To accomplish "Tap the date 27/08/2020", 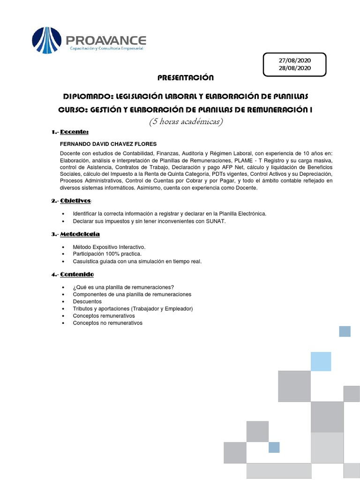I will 294,60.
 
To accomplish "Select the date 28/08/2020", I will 294,68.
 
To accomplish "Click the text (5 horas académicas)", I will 186,122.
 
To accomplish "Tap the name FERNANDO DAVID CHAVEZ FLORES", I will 108,143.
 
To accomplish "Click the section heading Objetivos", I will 77,201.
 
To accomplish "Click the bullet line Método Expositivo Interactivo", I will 109,247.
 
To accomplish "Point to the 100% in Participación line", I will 110,254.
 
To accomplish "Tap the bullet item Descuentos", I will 87,301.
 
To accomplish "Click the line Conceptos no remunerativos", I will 107,323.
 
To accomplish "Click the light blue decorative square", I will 321,360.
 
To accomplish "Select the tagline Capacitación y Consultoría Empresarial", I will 106,48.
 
